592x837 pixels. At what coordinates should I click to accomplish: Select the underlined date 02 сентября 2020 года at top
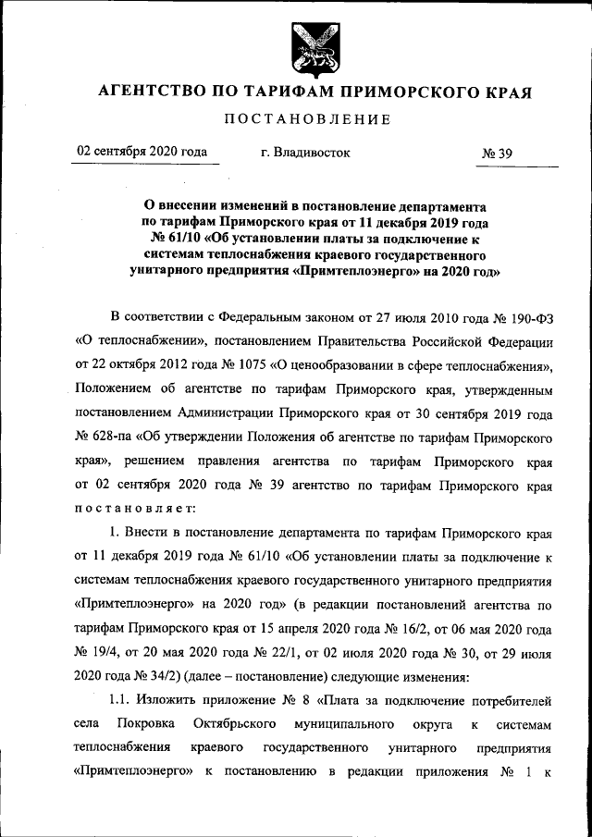point(142,152)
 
